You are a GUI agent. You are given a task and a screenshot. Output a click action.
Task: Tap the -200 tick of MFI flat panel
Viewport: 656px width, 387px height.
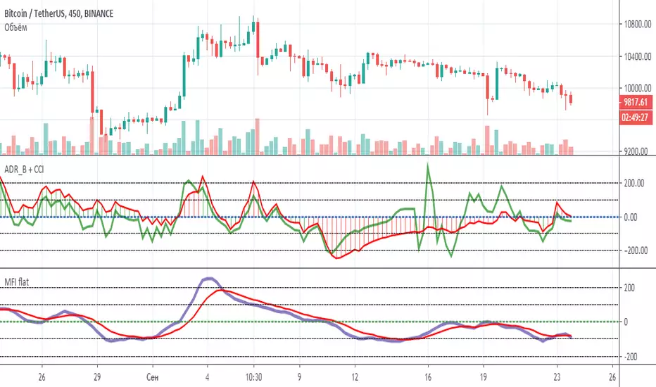pos(631,357)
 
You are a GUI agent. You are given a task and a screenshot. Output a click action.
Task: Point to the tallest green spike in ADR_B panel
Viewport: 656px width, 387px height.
pos(428,165)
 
